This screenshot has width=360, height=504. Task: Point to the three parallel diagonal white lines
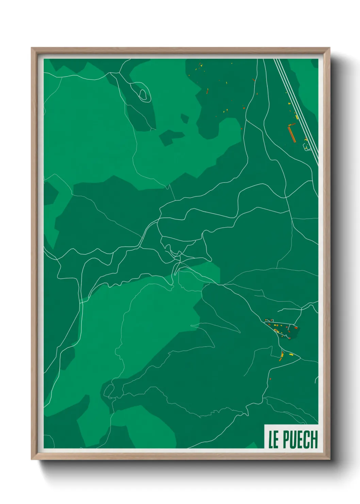[x=296, y=109]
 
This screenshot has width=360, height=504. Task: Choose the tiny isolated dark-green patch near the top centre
[x=184, y=119]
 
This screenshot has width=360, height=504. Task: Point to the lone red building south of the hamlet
[x=271, y=379]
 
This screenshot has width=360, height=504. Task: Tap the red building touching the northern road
[x=253, y=80]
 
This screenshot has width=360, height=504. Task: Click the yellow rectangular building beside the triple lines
[x=297, y=117]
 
